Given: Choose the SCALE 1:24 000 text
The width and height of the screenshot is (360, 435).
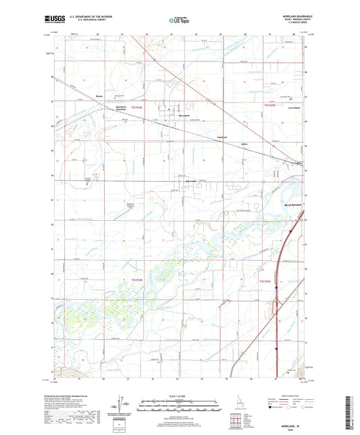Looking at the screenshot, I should pos(179,396).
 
